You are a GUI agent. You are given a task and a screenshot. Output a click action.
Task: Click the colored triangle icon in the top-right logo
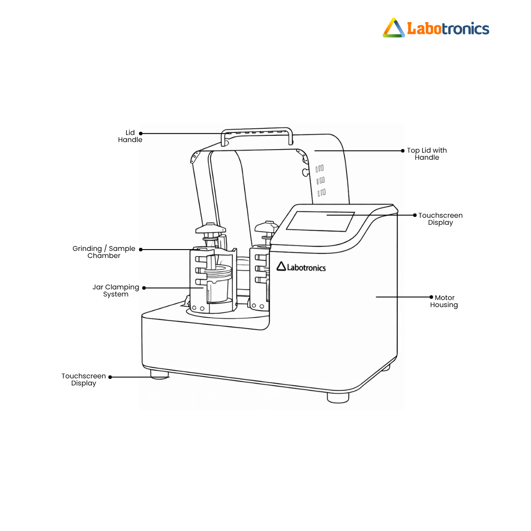(x=393, y=28)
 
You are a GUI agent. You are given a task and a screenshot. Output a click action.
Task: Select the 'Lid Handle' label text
(x=130, y=136)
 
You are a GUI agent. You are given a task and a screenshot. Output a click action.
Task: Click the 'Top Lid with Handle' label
(x=427, y=154)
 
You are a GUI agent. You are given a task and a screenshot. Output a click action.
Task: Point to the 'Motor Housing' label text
(x=444, y=301)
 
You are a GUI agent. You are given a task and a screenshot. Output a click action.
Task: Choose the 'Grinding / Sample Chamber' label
(x=104, y=252)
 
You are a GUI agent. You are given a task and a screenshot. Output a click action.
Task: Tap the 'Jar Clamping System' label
(x=116, y=290)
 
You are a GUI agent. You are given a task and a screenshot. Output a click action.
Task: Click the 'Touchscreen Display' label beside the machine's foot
(x=84, y=379)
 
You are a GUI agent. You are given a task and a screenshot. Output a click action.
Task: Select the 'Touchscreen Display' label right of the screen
(x=440, y=219)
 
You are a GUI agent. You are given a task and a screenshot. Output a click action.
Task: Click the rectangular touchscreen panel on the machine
(x=320, y=221)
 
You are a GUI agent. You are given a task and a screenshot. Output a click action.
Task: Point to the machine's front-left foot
(x=160, y=374)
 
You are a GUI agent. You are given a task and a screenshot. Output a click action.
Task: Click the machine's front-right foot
(x=338, y=397)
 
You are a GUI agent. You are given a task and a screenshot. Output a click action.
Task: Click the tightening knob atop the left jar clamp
(x=211, y=228)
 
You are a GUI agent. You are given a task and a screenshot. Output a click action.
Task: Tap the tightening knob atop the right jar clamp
(x=266, y=227)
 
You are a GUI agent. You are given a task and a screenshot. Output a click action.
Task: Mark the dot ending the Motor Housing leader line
(x=431, y=297)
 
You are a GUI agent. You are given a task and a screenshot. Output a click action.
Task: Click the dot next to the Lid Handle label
(x=141, y=133)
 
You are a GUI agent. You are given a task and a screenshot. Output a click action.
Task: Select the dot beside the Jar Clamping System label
(x=144, y=288)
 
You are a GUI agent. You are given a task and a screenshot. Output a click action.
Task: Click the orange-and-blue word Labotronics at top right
(x=448, y=29)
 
